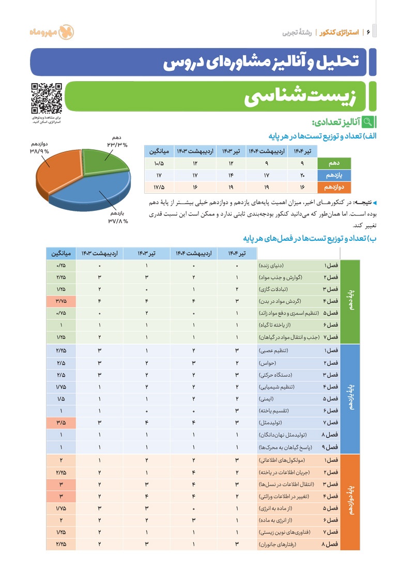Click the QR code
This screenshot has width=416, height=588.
[x=47, y=98]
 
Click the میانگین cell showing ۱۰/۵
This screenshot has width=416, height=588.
[x=159, y=164]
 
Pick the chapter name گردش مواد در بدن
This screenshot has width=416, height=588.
[x=286, y=301]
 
